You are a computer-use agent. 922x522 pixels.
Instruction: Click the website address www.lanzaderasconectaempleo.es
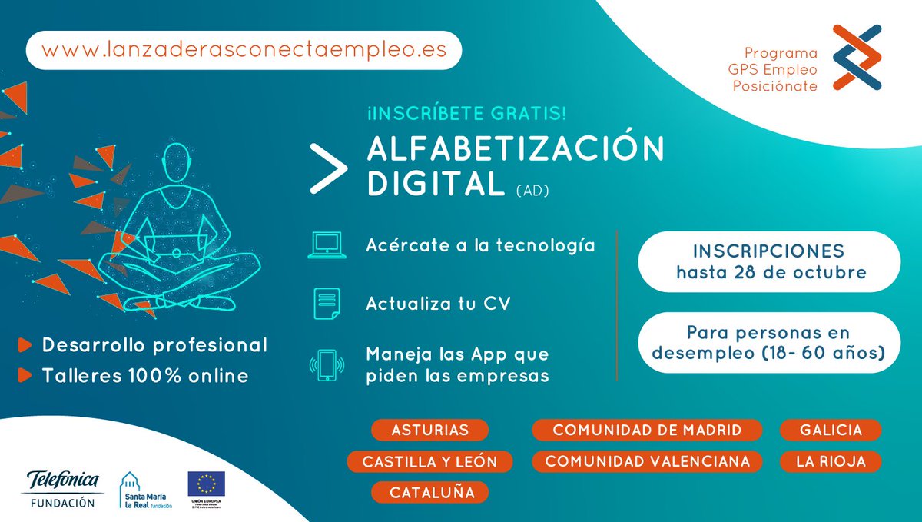click(x=243, y=50)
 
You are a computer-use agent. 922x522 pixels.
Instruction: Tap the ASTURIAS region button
click(x=429, y=430)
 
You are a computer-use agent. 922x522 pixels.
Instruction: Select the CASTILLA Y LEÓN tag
click(x=429, y=461)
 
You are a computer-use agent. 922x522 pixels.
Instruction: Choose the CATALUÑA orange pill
click(x=429, y=492)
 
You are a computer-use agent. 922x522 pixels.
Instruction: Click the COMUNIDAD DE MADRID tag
click(x=647, y=430)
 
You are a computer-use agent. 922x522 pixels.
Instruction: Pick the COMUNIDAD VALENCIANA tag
click(x=647, y=461)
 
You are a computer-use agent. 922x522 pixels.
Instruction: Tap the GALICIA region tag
click(x=831, y=430)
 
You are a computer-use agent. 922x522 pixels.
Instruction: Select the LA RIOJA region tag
click(x=831, y=461)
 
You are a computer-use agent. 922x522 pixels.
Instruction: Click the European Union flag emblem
click(x=206, y=483)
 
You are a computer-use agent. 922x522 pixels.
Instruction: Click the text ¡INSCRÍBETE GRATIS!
click(x=467, y=114)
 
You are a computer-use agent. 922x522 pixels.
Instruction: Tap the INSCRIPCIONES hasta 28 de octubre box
click(x=768, y=261)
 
